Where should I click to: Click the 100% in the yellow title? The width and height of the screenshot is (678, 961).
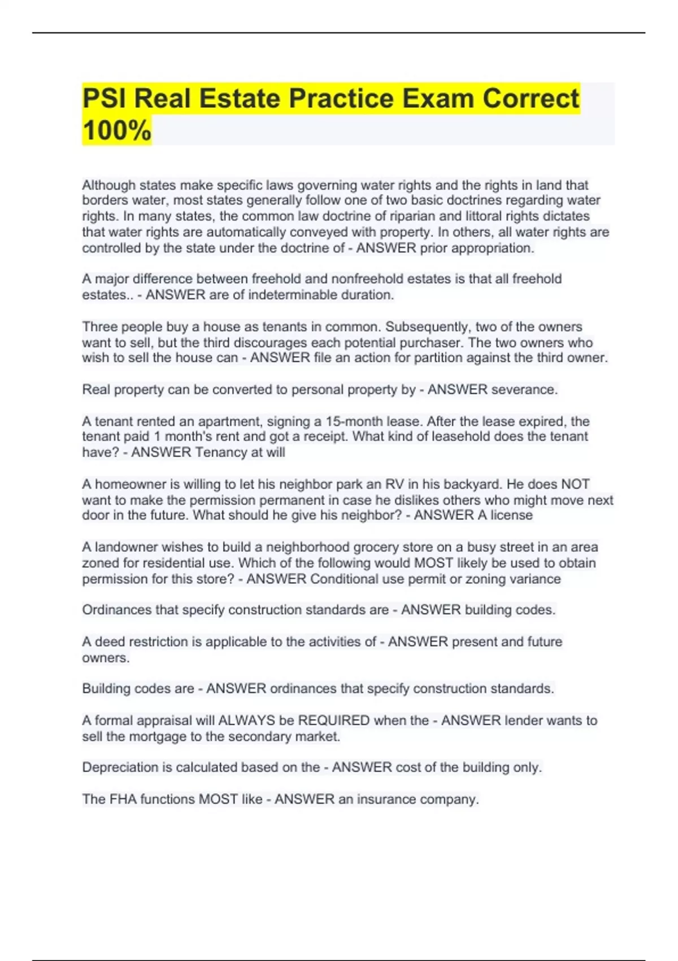click(117, 130)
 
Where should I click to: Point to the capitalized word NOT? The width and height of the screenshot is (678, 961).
click(575, 484)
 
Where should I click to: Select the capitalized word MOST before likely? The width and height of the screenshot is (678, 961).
click(433, 563)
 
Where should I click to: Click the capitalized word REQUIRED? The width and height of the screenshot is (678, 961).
click(334, 720)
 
